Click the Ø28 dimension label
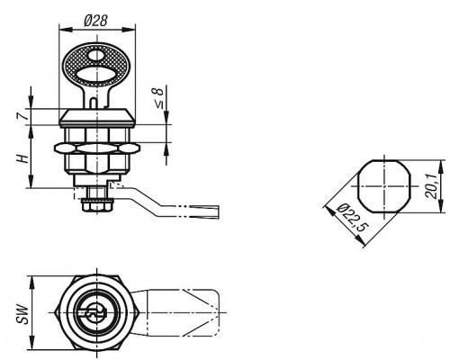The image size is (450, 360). click(x=95, y=21)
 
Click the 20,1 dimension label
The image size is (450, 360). click(x=431, y=187)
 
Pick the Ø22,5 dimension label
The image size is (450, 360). click(x=351, y=218)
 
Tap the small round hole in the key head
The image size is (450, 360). click(x=96, y=56)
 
